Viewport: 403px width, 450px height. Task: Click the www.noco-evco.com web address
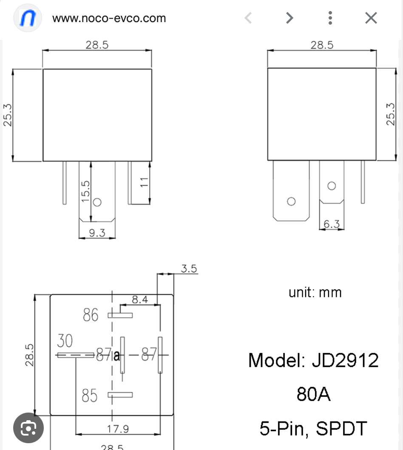pyautogui.click(x=109, y=18)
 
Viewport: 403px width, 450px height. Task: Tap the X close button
pyautogui.click(x=371, y=18)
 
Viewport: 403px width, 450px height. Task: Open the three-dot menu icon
pyautogui.click(x=330, y=18)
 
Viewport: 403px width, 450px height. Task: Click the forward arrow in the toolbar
pyautogui.click(x=289, y=18)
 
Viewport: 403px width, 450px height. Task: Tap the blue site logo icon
pyautogui.click(x=28, y=18)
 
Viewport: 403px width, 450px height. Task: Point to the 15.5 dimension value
pyautogui.click(x=85, y=191)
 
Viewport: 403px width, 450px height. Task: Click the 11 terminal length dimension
pyautogui.click(x=145, y=182)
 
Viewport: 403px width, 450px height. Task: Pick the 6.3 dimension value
pyautogui.click(x=332, y=224)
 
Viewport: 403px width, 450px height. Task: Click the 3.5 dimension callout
pyautogui.click(x=189, y=269)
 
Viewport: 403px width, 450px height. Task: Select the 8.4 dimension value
pyautogui.click(x=139, y=299)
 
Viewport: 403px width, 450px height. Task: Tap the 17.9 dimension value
pyautogui.click(x=118, y=429)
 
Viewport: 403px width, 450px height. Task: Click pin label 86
pyautogui.click(x=90, y=315)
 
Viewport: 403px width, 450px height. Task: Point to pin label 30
pyautogui.click(x=65, y=341)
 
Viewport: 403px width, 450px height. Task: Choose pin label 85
pyautogui.click(x=89, y=396)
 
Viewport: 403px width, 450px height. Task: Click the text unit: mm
pyautogui.click(x=315, y=293)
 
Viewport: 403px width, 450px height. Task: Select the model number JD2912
pyautogui.click(x=345, y=360)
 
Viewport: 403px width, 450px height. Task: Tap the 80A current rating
pyautogui.click(x=313, y=394)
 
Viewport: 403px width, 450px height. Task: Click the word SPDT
pyautogui.click(x=341, y=428)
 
